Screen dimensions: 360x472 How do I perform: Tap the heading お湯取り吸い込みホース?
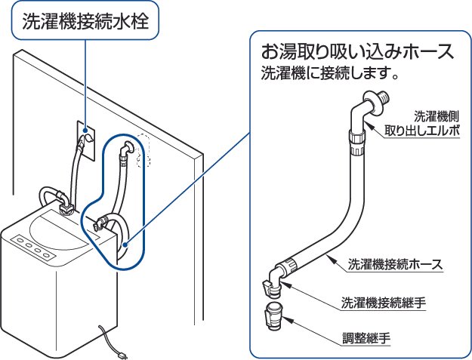pos(357,52)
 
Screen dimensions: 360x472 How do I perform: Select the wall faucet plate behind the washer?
pos(88,137)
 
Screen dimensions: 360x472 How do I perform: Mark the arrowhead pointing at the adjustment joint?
pos(293,319)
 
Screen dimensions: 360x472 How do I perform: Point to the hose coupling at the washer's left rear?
pos(62,202)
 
